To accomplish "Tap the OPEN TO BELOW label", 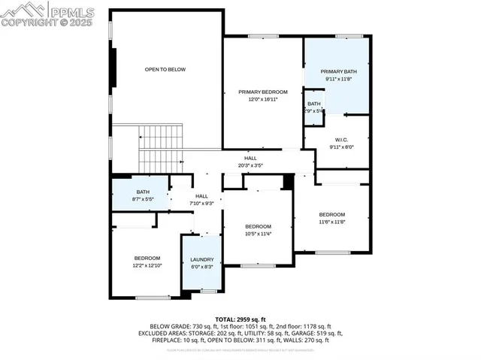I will (165, 69).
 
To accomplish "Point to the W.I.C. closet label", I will (340, 140).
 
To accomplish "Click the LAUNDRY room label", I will (201, 259).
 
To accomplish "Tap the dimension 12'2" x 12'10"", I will (147, 266).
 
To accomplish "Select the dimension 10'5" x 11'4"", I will (258, 234).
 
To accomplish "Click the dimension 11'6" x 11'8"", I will (331, 222).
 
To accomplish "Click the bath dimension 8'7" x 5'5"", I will (143, 199).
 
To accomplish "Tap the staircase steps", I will (162, 139).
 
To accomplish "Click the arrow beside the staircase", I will (141, 138).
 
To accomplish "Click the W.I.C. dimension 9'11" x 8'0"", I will (340, 147).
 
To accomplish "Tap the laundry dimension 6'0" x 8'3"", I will (201, 267).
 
